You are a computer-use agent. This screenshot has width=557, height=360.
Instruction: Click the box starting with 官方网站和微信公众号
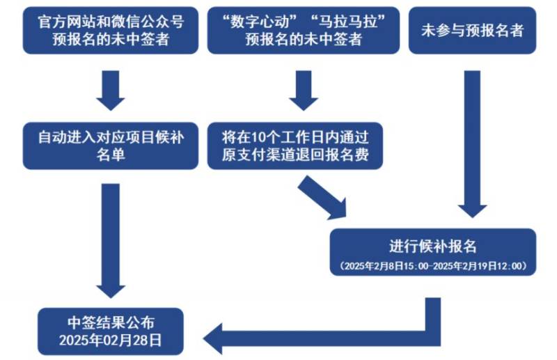(x=111, y=30)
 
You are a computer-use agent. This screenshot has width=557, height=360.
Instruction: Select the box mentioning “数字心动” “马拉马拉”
(x=303, y=30)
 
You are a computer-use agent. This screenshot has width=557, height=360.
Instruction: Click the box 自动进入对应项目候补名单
(x=111, y=145)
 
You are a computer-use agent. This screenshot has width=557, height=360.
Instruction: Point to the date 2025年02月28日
(x=111, y=341)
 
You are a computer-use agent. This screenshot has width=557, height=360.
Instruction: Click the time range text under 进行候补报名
(x=432, y=266)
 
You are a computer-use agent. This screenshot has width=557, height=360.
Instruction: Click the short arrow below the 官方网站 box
(x=111, y=88)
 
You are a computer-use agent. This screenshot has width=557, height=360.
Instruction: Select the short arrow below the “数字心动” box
(x=303, y=88)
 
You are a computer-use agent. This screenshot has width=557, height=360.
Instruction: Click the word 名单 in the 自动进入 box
(x=111, y=154)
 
